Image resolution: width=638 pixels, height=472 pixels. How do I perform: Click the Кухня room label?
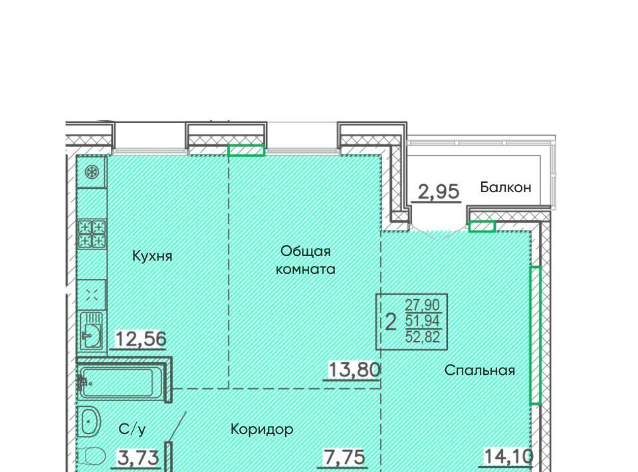pos(152,256)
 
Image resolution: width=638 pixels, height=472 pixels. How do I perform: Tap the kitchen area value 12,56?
pos(141,338)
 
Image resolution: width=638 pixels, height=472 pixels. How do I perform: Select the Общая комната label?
pos(305,260)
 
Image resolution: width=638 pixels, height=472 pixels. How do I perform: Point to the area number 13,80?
pos(354,370)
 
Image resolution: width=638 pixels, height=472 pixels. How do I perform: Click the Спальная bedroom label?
pos(480,370)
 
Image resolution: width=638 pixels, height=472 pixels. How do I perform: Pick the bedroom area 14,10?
pos(508,456)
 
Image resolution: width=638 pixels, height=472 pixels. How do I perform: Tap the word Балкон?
pos(505,187)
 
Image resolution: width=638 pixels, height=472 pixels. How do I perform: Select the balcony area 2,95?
pos(439,191)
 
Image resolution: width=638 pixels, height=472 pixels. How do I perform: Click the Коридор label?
pos(262,429)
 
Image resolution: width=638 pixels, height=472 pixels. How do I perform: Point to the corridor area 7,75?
pos(344,457)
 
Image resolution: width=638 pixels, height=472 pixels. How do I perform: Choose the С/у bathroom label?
pos(132,429)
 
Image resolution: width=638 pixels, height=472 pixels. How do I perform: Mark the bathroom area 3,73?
pos(138,458)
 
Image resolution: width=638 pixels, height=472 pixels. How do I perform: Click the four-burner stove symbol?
pos(92,234)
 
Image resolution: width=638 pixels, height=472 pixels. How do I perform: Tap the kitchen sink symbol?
pos(91,331)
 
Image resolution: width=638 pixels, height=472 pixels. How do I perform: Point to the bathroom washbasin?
pos(90,421)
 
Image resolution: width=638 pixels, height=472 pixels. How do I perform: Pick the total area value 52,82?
pos(423,336)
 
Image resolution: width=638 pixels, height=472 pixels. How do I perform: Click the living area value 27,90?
pos(423,304)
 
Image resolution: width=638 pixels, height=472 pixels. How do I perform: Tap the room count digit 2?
pos(390,322)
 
